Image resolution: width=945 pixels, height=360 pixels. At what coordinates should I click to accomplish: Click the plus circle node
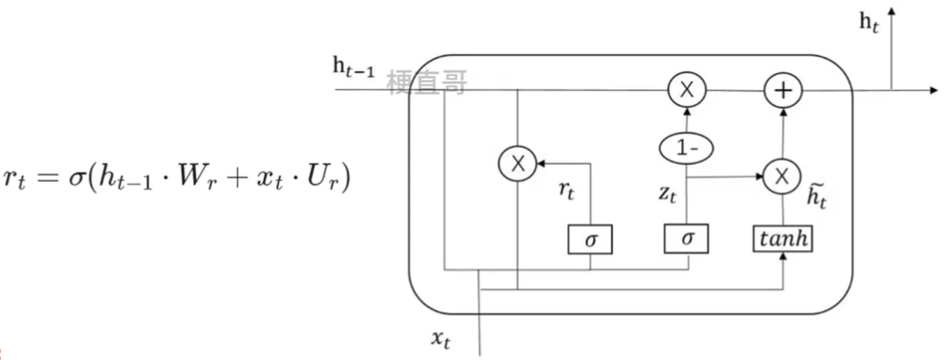coord(784,90)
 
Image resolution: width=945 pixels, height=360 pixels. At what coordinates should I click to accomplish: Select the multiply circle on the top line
coord(687,90)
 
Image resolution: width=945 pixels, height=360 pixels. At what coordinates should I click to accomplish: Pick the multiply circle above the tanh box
coord(782,176)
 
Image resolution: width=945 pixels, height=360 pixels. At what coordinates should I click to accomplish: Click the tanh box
coord(782,238)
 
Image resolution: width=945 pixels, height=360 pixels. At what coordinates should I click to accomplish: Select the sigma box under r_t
coord(590,238)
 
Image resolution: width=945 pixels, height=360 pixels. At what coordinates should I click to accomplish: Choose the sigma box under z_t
coord(687,238)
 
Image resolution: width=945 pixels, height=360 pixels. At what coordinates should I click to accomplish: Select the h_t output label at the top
coord(869,24)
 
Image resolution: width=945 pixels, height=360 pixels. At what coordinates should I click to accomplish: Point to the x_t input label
coord(444,339)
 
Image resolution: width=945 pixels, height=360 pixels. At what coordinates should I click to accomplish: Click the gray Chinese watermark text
coord(428,83)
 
